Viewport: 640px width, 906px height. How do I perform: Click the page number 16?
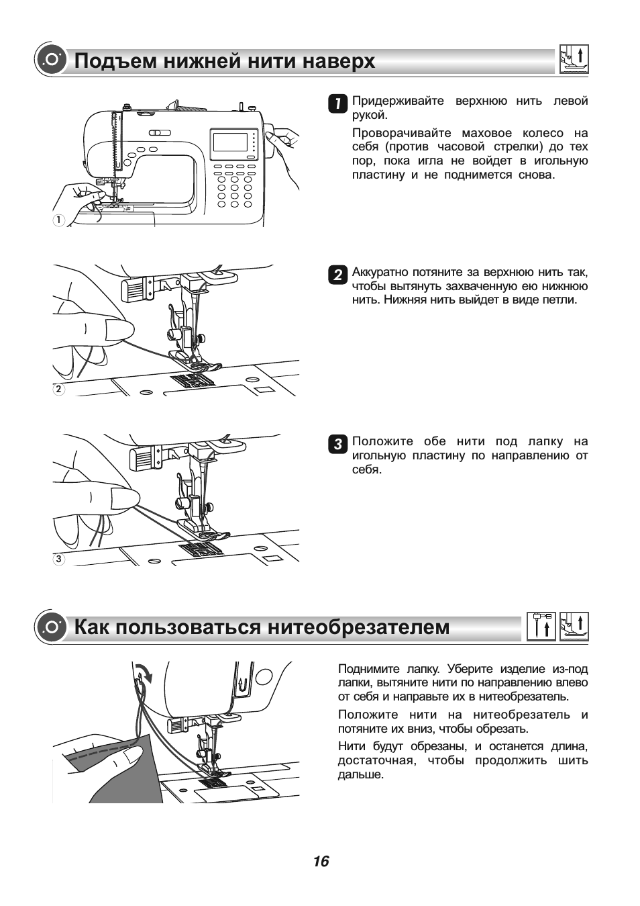(321, 861)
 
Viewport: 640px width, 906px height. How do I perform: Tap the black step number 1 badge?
(337, 103)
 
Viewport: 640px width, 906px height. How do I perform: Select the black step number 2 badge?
(337, 274)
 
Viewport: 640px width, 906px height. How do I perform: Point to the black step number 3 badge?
(337, 443)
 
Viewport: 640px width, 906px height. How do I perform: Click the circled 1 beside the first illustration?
(59, 220)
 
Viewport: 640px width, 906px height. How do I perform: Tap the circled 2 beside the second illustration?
(59, 389)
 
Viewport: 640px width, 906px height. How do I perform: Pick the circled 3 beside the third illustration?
(59, 558)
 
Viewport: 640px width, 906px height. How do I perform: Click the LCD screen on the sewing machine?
(230, 142)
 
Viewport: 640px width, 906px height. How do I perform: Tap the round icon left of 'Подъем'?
(50, 60)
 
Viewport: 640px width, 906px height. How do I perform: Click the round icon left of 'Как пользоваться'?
(50, 627)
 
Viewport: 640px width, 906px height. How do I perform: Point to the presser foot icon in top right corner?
(574, 59)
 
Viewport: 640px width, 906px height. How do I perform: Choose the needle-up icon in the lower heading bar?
(541, 626)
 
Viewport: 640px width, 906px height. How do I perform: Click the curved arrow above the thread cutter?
(144, 670)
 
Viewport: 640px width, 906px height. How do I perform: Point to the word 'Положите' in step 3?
(382, 441)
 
